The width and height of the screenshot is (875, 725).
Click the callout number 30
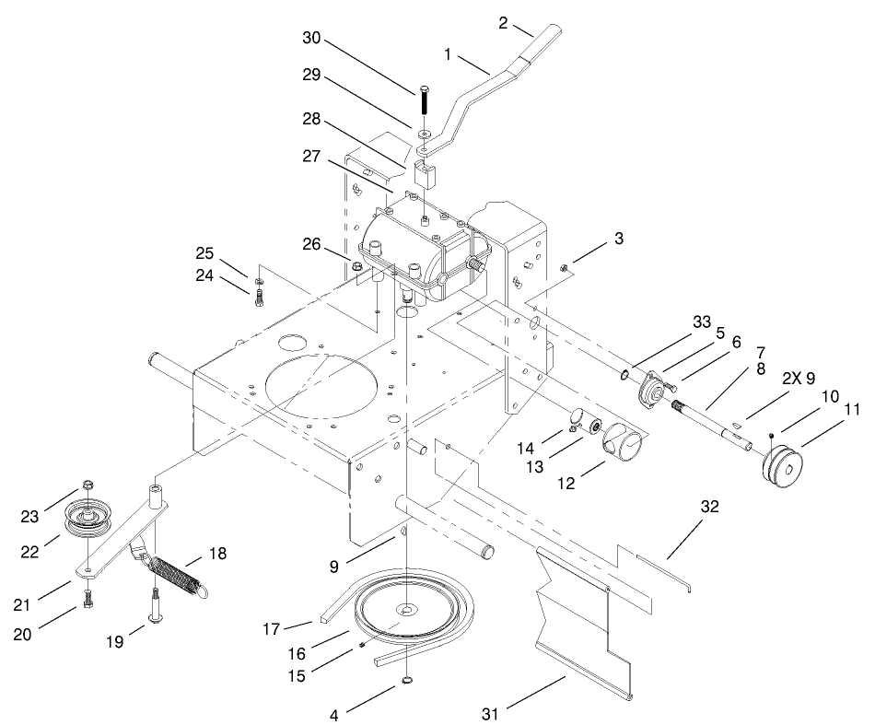[314, 38]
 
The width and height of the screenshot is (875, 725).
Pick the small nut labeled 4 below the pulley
[405, 683]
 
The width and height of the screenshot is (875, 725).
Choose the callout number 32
[708, 507]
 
